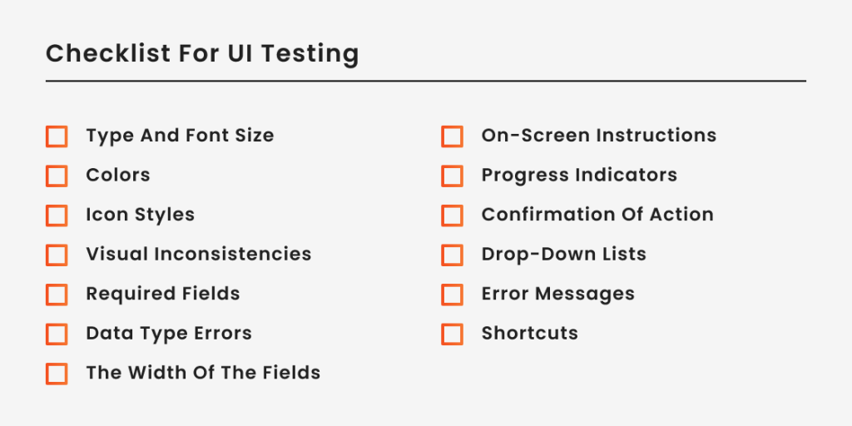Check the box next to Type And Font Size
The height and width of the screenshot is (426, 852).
(x=57, y=136)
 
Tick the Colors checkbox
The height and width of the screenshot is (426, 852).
(x=57, y=176)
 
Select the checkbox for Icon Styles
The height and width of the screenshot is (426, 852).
(x=57, y=215)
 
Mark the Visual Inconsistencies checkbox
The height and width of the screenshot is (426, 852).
(x=57, y=255)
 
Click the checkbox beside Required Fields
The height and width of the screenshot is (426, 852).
(x=57, y=295)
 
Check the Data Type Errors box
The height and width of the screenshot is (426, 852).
(x=57, y=334)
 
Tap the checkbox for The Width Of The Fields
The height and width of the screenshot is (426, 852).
(x=57, y=374)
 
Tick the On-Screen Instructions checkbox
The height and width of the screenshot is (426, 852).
(x=452, y=136)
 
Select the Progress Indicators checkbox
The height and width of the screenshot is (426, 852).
(x=452, y=176)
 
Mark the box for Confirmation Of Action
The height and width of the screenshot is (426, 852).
(x=452, y=215)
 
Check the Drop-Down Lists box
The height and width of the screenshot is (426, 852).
(x=452, y=255)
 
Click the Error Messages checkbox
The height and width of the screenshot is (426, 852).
(x=452, y=295)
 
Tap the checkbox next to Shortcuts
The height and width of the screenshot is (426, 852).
(x=452, y=334)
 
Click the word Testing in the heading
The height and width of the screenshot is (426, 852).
(x=310, y=55)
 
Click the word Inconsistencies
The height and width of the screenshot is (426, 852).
(x=238, y=254)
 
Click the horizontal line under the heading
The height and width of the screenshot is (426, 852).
(x=426, y=82)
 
